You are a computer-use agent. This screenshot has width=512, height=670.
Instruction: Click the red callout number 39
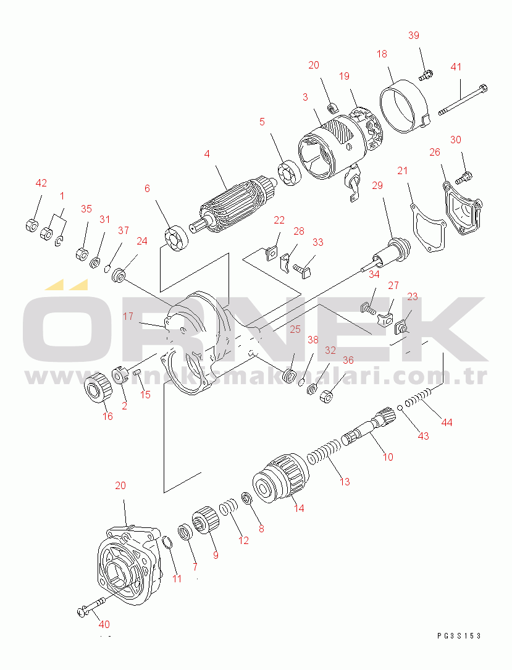pyautogui.click(x=414, y=35)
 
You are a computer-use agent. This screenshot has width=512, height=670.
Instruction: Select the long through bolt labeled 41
pyautogui.click(x=463, y=99)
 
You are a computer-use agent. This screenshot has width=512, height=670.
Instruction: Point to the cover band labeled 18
pyautogui.click(x=404, y=106)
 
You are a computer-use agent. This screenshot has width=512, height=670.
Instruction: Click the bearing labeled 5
pyautogui.click(x=289, y=173)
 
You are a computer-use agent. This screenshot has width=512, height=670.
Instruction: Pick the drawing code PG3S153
pyautogui.click(x=459, y=636)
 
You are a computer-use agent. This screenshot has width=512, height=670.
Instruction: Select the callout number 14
pyautogui.click(x=299, y=508)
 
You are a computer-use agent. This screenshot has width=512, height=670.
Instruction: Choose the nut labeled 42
pyautogui.click(x=31, y=225)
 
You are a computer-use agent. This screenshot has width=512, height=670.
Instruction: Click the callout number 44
pyautogui.click(x=447, y=422)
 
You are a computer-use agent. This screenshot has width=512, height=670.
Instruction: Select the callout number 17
pyautogui.click(x=128, y=317)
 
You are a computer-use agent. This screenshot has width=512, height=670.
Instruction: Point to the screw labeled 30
pyautogui.click(x=463, y=177)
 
